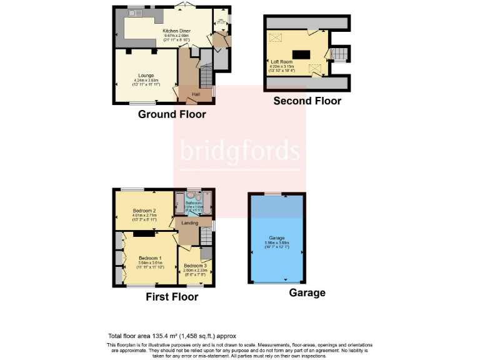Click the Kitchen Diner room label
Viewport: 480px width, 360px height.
(x=176, y=31)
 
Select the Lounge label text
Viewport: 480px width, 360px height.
(x=146, y=75)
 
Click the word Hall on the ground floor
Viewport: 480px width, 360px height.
(x=196, y=94)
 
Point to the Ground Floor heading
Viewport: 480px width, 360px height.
(x=172, y=114)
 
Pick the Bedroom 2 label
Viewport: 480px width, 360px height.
(x=144, y=211)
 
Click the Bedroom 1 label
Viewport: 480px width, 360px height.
(x=150, y=258)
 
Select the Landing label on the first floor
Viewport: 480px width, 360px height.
(x=190, y=223)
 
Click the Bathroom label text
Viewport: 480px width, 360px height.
(x=194, y=202)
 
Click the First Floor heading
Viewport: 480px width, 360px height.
(x=172, y=297)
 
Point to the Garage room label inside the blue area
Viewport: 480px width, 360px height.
(x=277, y=238)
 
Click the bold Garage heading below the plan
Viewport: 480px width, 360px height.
(x=307, y=292)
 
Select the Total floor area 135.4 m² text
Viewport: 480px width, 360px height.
(x=172, y=336)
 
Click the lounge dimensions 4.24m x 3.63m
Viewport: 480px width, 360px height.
(x=146, y=80)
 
